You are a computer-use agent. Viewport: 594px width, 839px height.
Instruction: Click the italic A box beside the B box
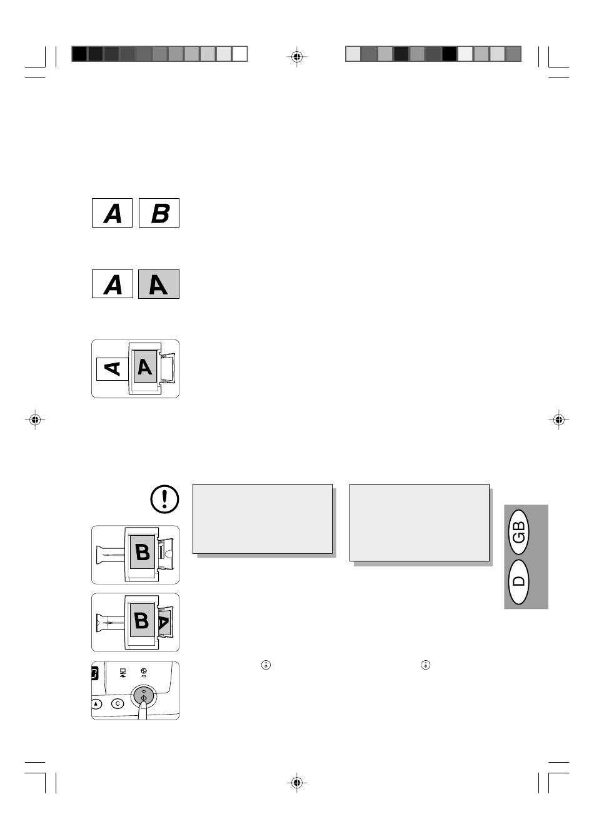coord(112,213)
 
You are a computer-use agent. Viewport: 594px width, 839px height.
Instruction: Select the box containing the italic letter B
coord(159,213)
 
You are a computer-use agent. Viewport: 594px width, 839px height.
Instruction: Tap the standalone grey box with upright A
coord(159,284)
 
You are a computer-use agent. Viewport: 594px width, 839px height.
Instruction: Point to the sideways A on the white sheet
coord(113,369)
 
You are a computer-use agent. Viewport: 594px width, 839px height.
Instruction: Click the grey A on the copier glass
coord(145,366)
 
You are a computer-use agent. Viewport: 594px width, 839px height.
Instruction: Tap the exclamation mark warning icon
coord(165,500)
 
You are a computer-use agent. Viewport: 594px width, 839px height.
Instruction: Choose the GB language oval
coord(519,532)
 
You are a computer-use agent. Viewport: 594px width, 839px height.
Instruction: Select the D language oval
coord(519,581)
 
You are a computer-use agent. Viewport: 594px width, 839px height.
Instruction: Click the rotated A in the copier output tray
coord(164,622)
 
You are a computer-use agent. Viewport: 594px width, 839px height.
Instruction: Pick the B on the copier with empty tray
coord(143,553)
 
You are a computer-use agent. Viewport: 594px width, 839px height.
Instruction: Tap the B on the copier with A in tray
coord(142,620)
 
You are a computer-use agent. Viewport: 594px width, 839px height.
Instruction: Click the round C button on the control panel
coord(118,704)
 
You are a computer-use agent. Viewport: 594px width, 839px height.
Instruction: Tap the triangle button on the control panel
coord(96,704)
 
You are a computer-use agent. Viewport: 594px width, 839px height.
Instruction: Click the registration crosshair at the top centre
coord(297,57)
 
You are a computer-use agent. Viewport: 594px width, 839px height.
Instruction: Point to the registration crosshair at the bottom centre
coord(297,783)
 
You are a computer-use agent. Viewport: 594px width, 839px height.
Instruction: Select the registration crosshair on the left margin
coord(35,420)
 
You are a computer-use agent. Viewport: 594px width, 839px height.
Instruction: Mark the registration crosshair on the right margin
coord(559,420)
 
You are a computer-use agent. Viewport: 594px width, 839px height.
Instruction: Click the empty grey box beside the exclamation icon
coord(263,519)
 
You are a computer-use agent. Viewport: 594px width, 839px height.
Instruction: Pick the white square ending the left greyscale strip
coord(239,54)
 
